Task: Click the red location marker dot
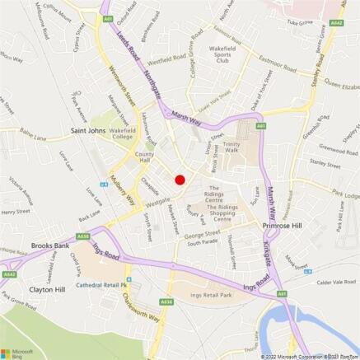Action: [180, 180]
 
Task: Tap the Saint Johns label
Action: [91, 130]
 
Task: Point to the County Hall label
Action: [145, 157]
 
